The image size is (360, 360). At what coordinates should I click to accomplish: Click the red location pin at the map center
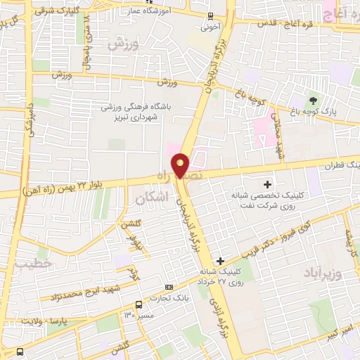(x=181, y=165)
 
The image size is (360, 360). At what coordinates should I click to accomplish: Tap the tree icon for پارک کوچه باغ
(x=313, y=100)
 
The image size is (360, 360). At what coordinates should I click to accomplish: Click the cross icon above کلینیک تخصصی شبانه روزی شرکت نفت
(x=266, y=165)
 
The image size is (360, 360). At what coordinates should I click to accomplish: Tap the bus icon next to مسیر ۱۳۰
(x=139, y=304)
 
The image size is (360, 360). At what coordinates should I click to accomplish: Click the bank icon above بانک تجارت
(x=169, y=287)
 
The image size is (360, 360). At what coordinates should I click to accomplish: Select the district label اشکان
(x=150, y=200)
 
